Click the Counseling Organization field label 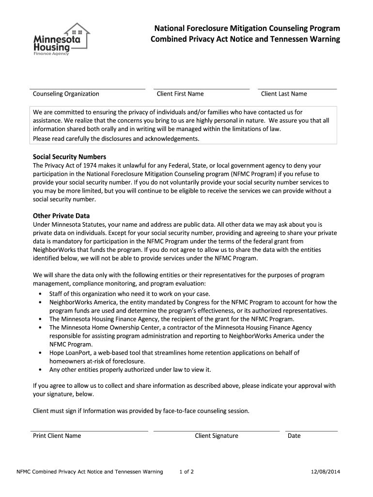click(x=66, y=94)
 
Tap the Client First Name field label click(x=180, y=94)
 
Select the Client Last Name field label click(x=284, y=94)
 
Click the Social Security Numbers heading click(x=69, y=157)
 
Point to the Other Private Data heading click(x=61, y=215)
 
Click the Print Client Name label click(x=57, y=435)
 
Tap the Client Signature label click(x=217, y=435)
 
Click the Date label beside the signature click(x=294, y=435)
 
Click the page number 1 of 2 click(x=186, y=472)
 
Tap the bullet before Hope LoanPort click(x=39, y=353)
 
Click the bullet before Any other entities click(x=39, y=370)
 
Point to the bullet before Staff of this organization click(x=39, y=294)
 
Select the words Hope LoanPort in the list click(x=68, y=353)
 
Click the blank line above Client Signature click(x=217, y=431)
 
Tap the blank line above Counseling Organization click(x=88, y=89)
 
